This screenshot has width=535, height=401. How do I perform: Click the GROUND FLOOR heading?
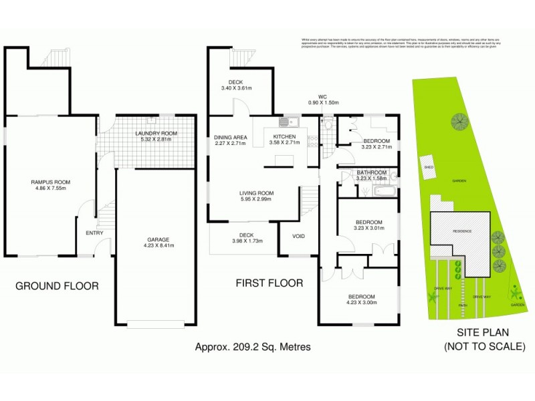pyautogui.click(x=57, y=286)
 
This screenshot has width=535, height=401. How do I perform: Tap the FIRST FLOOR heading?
pyautogui.click(x=269, y=283)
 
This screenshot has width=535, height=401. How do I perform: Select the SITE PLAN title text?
pyautogui.click(x=485, y=333)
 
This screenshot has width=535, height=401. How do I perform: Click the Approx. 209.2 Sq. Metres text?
pyautogui.click(x=253, y=348)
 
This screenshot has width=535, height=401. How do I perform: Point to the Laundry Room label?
pyautogui.click(x=156, y=134)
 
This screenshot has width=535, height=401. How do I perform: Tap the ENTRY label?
pyautogui.click(x=95, y=233)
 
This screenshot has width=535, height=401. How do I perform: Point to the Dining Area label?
pyautogui.click(x=231, y=137)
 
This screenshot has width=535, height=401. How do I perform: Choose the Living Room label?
pyautogui.click(x=257, y=194)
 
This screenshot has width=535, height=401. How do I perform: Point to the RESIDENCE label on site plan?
pyautogui.click(x=461, y=231)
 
